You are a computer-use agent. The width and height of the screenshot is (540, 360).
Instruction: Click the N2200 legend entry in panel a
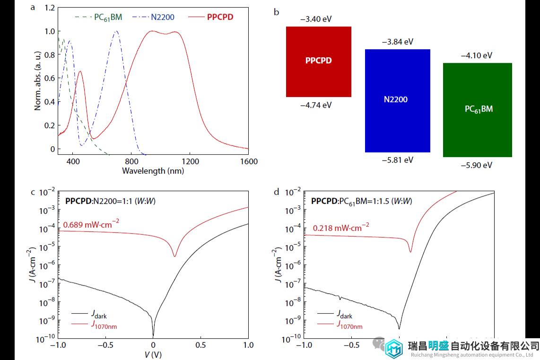tap(163, 18)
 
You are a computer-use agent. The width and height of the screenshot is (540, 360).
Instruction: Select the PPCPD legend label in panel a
tap(220, 18)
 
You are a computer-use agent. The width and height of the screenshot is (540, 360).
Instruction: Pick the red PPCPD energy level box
tap(318, 61)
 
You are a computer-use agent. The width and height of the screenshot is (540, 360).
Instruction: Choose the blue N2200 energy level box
tap(397, 100)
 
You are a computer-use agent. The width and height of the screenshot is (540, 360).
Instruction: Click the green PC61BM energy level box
tap(478, 109)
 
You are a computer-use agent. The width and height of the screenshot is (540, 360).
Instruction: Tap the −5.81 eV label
tap(397, 160)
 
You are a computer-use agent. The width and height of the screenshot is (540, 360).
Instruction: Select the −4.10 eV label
tap(476, 55)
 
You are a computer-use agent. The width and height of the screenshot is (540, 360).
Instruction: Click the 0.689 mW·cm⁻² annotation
tap(88, 225)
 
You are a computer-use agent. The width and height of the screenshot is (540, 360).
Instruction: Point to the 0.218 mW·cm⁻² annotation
tap(341, 228)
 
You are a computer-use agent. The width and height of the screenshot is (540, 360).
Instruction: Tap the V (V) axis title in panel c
tap(153, 354)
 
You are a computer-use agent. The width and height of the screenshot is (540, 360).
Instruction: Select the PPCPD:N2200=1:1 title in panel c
tap(110, 201)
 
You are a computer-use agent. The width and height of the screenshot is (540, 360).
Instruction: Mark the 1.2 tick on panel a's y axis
tap(49, 8)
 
